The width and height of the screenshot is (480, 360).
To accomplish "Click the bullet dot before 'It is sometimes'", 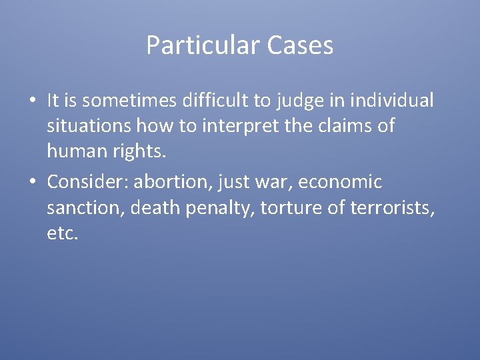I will [x=32, y=101].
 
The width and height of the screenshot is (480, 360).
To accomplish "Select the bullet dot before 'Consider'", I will [x=32, y=182].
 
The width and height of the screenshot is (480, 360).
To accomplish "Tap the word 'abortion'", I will [x=173, y=181].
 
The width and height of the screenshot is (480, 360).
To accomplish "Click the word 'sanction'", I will [x=85, y=208].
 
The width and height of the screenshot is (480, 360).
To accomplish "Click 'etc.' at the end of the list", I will [x=63, y=234].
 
